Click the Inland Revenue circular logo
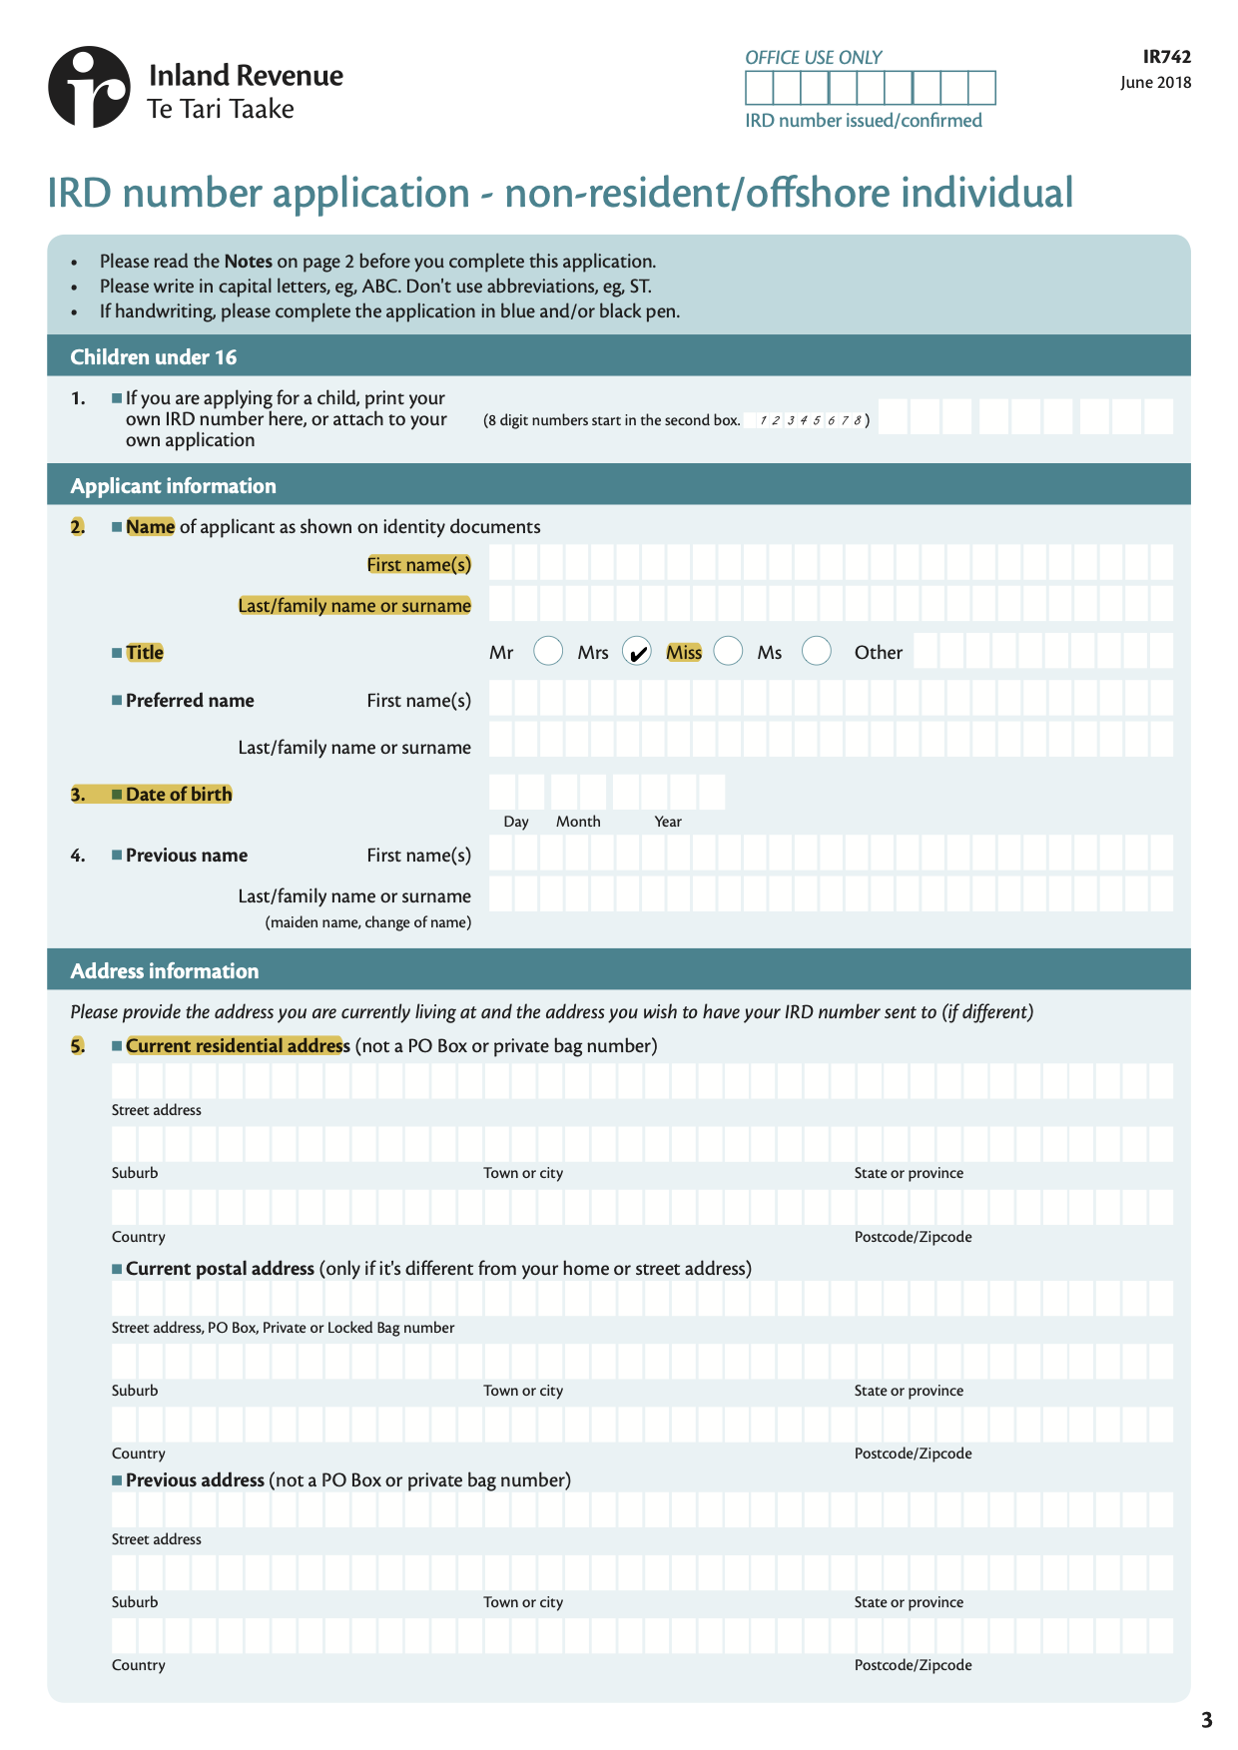tap(89, 87)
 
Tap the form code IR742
tap(1166, 57)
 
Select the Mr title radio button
tap(548, 651)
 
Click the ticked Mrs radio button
tap(636, 651)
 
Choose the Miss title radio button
tap(728, 651)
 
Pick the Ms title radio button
tap(816, 651)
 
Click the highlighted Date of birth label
tap(179, 795)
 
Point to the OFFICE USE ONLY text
tap(813, 58)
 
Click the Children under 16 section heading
tap(154, 357)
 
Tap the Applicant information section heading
tap(173, 486)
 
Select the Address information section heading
tap(165, 971)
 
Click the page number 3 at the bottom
tap(1206, 1720)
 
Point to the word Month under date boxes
tap(578, 822)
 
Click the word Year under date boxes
tap(668, 822)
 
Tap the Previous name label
tap(187, 856)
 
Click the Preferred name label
tap(190, 701)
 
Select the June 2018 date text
tap(1155, 83)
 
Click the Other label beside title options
tap(878, 653)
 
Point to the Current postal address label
tap(220, 1269)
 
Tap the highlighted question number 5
tap(78, 1046)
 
